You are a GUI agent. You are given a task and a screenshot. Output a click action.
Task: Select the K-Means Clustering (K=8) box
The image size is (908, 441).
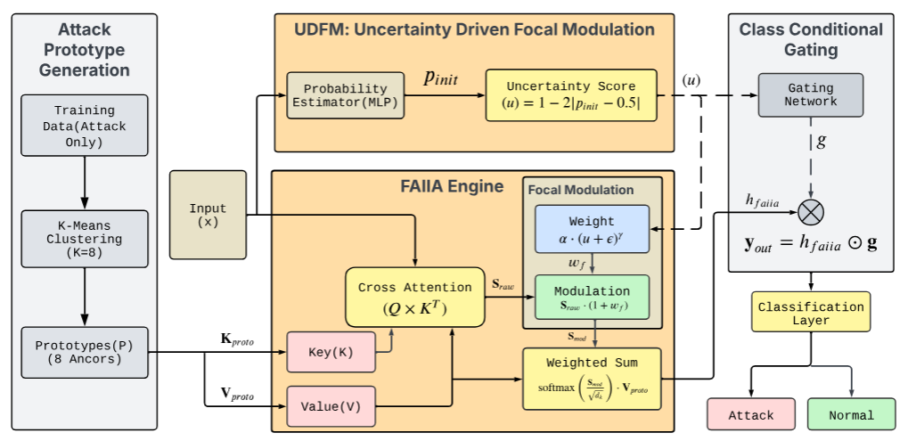point(84,239)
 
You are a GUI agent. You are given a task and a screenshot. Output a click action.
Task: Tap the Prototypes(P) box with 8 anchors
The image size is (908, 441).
point(84,352)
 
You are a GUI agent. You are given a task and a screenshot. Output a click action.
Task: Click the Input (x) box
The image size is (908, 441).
point(208,215)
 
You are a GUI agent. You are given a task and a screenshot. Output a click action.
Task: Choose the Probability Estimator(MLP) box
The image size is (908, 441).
point(346,95)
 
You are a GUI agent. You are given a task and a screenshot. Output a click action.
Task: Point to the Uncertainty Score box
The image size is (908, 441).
point(570,96)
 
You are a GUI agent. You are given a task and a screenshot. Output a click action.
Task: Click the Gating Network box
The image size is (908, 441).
point(810,95)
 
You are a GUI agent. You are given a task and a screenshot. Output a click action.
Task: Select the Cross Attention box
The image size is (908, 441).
point(414,297)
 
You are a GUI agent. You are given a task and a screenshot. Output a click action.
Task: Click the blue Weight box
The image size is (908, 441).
point(592,229)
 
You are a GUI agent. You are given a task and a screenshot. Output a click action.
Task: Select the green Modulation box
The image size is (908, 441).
point(592,298)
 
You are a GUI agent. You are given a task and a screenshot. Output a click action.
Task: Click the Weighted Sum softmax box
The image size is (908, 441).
point(592,378)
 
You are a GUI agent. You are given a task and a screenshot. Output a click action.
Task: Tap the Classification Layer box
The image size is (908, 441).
point(810,313)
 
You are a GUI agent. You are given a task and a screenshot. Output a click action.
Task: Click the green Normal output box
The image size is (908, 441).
point(851,414)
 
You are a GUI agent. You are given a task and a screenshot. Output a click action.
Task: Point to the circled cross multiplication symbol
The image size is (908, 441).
point(811,212)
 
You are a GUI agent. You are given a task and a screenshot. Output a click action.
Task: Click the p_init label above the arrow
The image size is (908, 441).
point(439,79)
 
